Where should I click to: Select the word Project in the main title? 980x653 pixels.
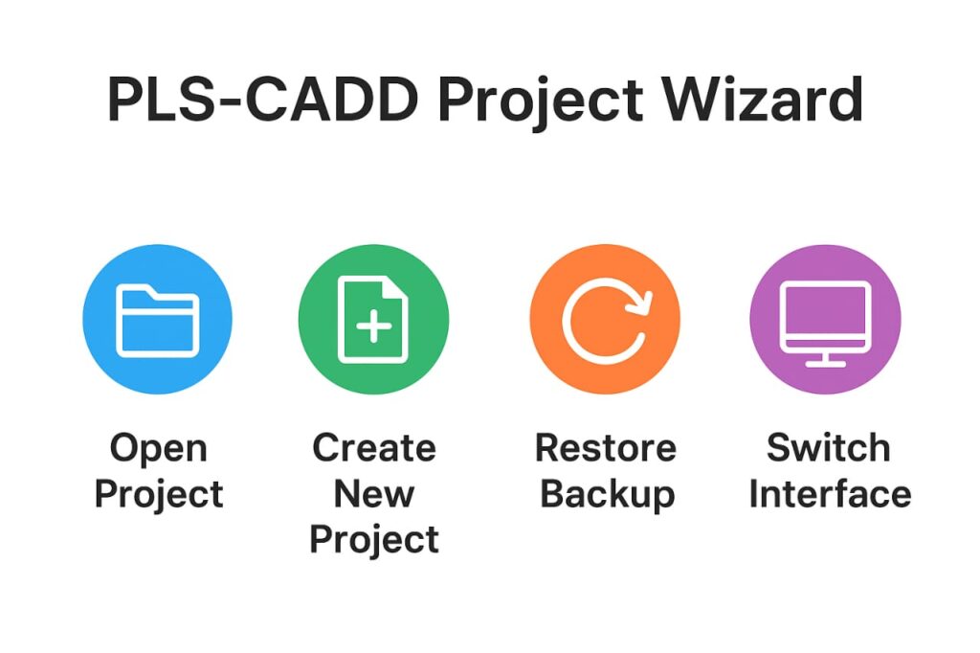coord(546,101)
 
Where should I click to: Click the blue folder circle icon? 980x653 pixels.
coord(157,319)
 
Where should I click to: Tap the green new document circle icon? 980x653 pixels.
coord(373,319)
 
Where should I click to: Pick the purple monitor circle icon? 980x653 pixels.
coord(825,319)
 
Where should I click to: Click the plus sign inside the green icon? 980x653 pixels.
coord(373,327)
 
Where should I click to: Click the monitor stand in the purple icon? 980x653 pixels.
coord(825,359)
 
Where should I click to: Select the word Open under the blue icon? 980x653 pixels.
coord(158,447)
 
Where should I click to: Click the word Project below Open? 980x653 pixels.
coord(159,495)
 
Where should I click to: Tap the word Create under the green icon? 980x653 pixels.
coord(374,447)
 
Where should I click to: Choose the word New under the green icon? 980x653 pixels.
coord(374,494)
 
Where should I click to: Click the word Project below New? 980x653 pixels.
coord(374,540)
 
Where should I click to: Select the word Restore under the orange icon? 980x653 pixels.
coord(605,447)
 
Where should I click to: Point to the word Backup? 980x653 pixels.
coord(607,494)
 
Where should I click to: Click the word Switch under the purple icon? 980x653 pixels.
coord(828,447)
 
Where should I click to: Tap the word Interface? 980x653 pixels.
coord(829,494)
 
